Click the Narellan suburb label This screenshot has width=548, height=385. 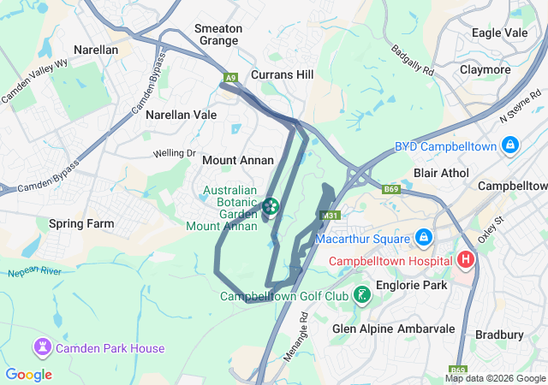96,50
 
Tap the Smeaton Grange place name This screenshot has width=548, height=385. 218,34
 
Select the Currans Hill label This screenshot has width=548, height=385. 283,74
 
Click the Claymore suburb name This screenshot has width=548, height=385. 485,69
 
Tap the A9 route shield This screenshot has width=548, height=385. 230,78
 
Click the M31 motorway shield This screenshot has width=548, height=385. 329,216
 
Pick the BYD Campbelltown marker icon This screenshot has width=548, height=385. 510,146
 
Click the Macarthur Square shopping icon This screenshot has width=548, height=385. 423,236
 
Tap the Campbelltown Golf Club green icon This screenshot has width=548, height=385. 362,296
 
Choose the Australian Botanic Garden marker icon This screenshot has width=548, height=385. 271,206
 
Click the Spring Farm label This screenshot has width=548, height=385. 81,224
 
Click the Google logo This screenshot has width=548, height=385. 29,375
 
